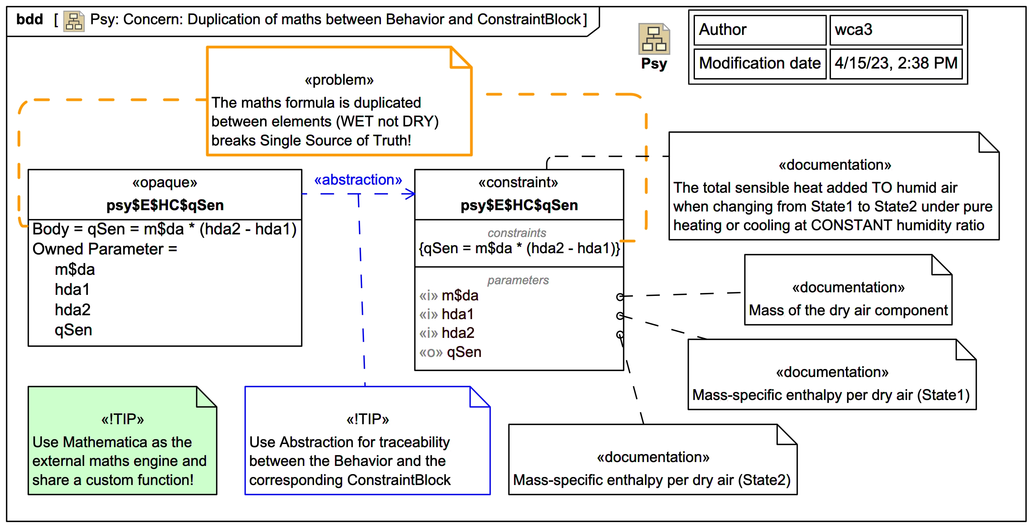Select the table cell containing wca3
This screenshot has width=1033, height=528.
(895, 30)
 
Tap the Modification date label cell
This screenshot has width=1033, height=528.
(760, 63)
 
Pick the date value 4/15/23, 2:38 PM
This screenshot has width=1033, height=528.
(895, 63)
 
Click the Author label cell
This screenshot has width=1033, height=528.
(760, 30)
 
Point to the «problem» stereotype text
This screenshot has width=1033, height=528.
(339, 80)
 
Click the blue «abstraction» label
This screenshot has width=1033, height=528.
(358, 180)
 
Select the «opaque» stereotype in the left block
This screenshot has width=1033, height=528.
(165, 183)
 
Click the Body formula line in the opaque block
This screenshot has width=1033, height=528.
(165, 229)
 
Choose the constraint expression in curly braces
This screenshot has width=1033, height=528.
(519, 248)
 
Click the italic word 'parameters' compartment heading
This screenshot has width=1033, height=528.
(518, 280)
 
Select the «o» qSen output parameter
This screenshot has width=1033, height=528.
(450, 352)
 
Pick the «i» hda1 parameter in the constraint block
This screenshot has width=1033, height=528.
(446, 314)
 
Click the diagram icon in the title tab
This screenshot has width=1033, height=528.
(74, 21)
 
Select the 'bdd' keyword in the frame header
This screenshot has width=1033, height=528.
(29, 19)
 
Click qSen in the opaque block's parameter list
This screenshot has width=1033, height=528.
(73, 330)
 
